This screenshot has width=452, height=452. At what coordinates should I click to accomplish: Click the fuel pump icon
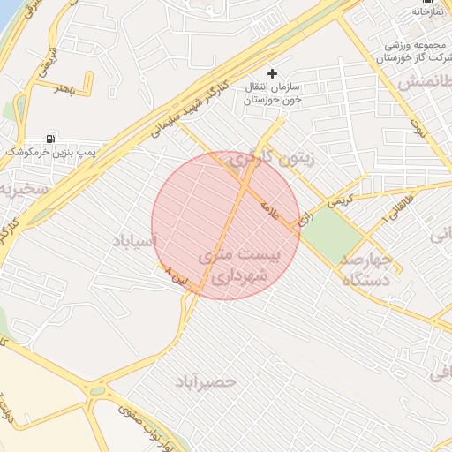click(x=49, y=139)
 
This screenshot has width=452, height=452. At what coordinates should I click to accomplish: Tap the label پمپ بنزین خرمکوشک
click(x=51, y=153)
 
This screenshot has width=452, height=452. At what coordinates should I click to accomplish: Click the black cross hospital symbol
click(x=272, y=73)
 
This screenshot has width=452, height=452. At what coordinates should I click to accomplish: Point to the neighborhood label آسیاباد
click(x=135, y=240)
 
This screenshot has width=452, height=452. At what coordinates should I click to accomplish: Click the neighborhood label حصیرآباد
click(x=205, y=381)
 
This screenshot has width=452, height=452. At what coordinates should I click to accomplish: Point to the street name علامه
click(x=269, y=210)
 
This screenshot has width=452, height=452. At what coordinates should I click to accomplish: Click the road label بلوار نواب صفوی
click(x=132, y=433)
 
